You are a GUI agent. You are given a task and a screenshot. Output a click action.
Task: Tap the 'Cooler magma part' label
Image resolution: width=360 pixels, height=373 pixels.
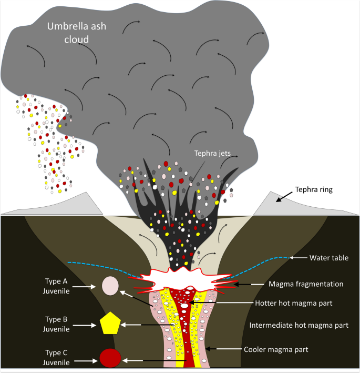(276, 348)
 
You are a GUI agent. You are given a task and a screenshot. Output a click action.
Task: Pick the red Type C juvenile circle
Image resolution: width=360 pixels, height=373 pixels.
(110, 358)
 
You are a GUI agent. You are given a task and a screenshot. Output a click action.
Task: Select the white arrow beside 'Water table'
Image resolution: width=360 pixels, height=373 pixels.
(300, 258)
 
